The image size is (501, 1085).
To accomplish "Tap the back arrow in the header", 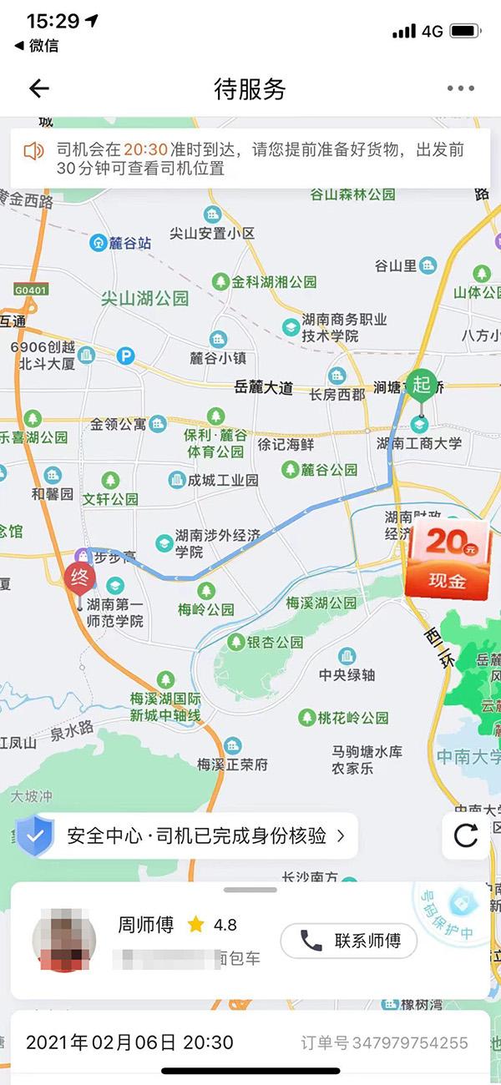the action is (39, 88).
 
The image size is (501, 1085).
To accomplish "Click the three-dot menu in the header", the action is (460, 88).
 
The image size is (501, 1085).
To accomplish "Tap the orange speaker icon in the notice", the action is (33, 151).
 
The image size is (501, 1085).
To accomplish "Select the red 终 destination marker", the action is (80, 578).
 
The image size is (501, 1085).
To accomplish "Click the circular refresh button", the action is (465, 835).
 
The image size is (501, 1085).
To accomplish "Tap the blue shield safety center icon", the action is (35, 836).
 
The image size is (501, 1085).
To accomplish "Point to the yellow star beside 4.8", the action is (196, 924).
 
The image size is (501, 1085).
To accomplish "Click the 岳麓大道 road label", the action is (264, 387).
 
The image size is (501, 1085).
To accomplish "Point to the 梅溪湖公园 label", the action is (321, 603).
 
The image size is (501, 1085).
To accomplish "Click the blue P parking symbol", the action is (125, 356).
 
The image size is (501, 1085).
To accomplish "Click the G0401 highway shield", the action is (31, 290).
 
